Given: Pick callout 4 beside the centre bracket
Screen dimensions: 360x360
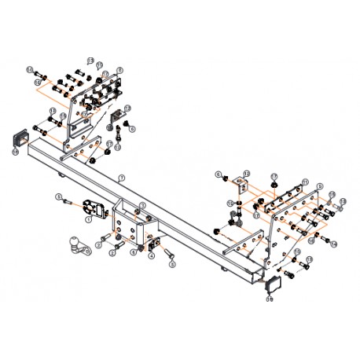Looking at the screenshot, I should [x=151, y=255].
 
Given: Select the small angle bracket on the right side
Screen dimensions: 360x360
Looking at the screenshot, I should [x=241, y=187].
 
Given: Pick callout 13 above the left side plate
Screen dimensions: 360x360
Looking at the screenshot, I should [x=90, y=61].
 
